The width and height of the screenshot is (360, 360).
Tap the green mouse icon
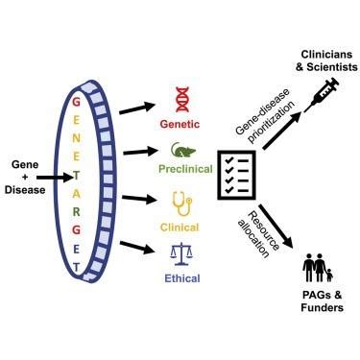click(180, 150)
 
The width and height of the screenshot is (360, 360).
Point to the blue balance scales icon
click(180, 253)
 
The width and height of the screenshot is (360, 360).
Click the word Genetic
click(180, 122)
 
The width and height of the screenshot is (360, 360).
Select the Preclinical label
click(180, 172)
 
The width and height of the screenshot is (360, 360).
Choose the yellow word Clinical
click(180, 228)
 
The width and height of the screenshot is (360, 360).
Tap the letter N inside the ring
click(76, 132)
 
